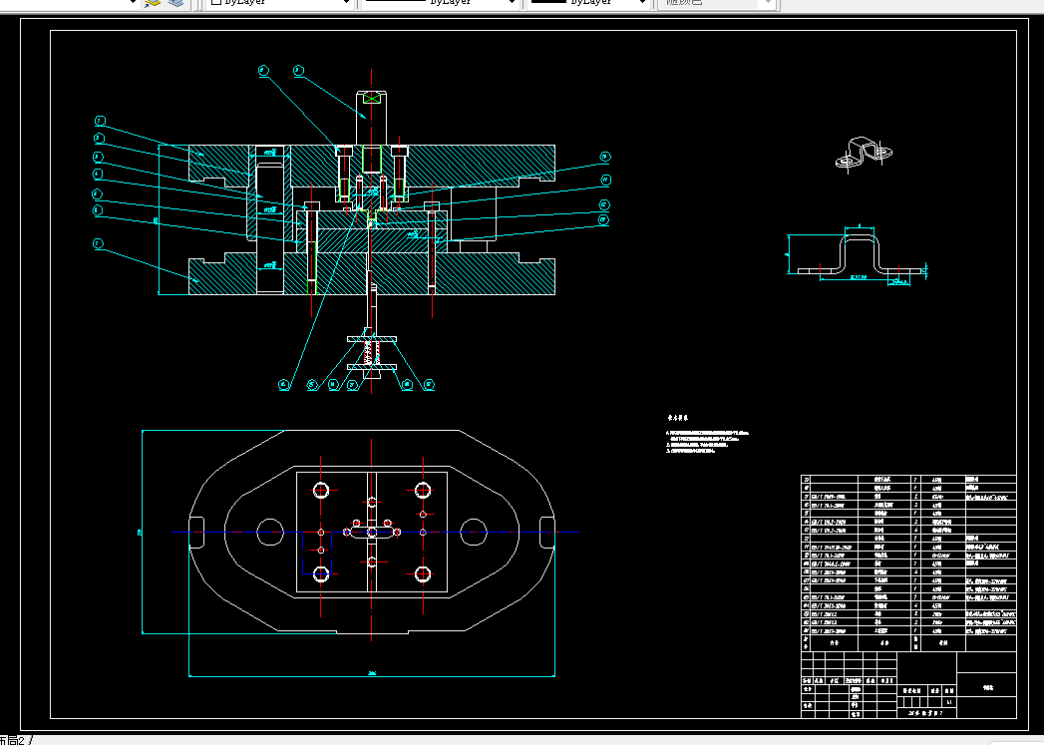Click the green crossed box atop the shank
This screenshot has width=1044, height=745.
point(372,98)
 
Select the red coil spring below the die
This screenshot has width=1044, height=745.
point(372,353)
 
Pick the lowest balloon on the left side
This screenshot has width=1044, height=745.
point(98,243)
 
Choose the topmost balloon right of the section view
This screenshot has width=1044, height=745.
point(604,158)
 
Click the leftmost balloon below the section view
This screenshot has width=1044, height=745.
point(284,384)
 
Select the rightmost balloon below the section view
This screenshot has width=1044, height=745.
point(430,384)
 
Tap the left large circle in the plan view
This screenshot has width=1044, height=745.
point(269,532)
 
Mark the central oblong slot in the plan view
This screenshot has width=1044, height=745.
point(372,533)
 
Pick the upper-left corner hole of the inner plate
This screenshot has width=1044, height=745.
point(321,491)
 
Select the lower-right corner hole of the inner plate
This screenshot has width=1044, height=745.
point(423,574)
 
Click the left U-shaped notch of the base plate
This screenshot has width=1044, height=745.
point(197,526)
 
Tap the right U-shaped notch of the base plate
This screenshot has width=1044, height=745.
point(545,526)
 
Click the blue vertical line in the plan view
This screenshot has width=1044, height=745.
point(331,553)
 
